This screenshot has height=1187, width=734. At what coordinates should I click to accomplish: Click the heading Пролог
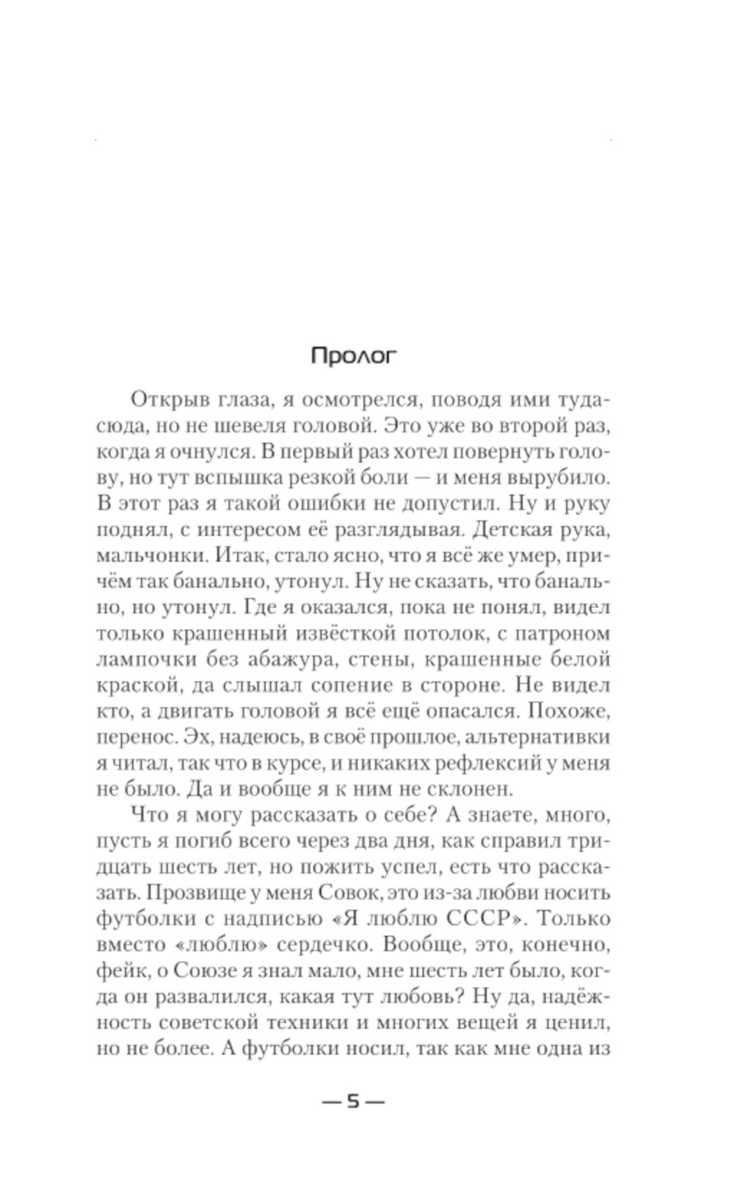pos(353,356)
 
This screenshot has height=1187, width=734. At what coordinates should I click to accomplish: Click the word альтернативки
pos(524,737)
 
